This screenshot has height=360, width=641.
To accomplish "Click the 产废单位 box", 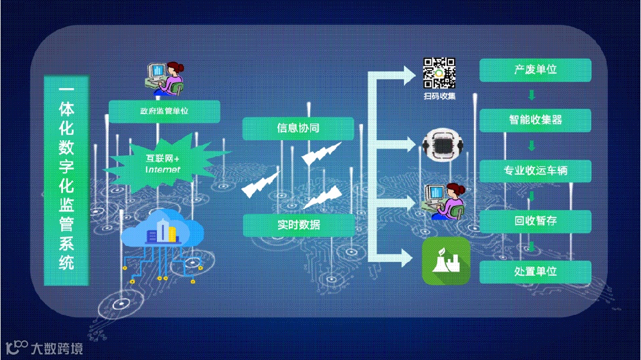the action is coord(535,70).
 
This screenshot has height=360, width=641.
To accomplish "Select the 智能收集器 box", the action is coord(535,121).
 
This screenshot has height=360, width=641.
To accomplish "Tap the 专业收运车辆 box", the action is coord(535,171).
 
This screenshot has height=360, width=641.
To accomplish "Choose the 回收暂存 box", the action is coord(535,222).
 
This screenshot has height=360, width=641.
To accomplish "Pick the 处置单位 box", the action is coord(535,271).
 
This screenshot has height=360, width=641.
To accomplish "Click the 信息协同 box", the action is coord(298,128).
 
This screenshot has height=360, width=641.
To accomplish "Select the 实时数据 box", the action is coord(298,225).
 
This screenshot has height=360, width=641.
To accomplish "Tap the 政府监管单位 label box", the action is coord(164,111).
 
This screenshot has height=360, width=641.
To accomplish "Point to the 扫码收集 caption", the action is coord(440,96).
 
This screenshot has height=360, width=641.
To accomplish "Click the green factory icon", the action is coord(446,261).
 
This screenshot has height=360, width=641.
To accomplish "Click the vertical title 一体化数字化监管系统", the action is coord(67,179).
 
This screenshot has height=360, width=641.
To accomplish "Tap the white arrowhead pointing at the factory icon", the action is coord(409,257).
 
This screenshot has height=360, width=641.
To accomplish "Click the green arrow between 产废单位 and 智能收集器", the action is coord(532,95).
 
